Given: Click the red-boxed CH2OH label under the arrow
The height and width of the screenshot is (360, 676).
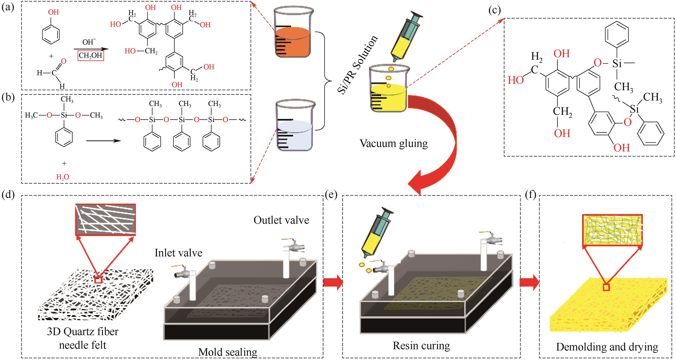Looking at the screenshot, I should point(91,56).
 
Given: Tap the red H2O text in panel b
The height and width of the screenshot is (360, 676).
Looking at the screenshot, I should point(62,177).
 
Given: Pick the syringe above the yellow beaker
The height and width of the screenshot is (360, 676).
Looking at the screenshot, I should point(406,37).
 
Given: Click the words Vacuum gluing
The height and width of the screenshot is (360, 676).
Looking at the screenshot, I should point(393,144).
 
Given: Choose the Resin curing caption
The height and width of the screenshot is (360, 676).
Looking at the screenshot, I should point(421,346).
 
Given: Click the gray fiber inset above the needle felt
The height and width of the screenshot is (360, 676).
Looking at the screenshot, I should point(105,219).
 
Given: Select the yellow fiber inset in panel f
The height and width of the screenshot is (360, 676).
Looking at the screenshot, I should point(612,230).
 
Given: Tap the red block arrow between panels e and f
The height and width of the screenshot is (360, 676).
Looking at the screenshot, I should point(529,282).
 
